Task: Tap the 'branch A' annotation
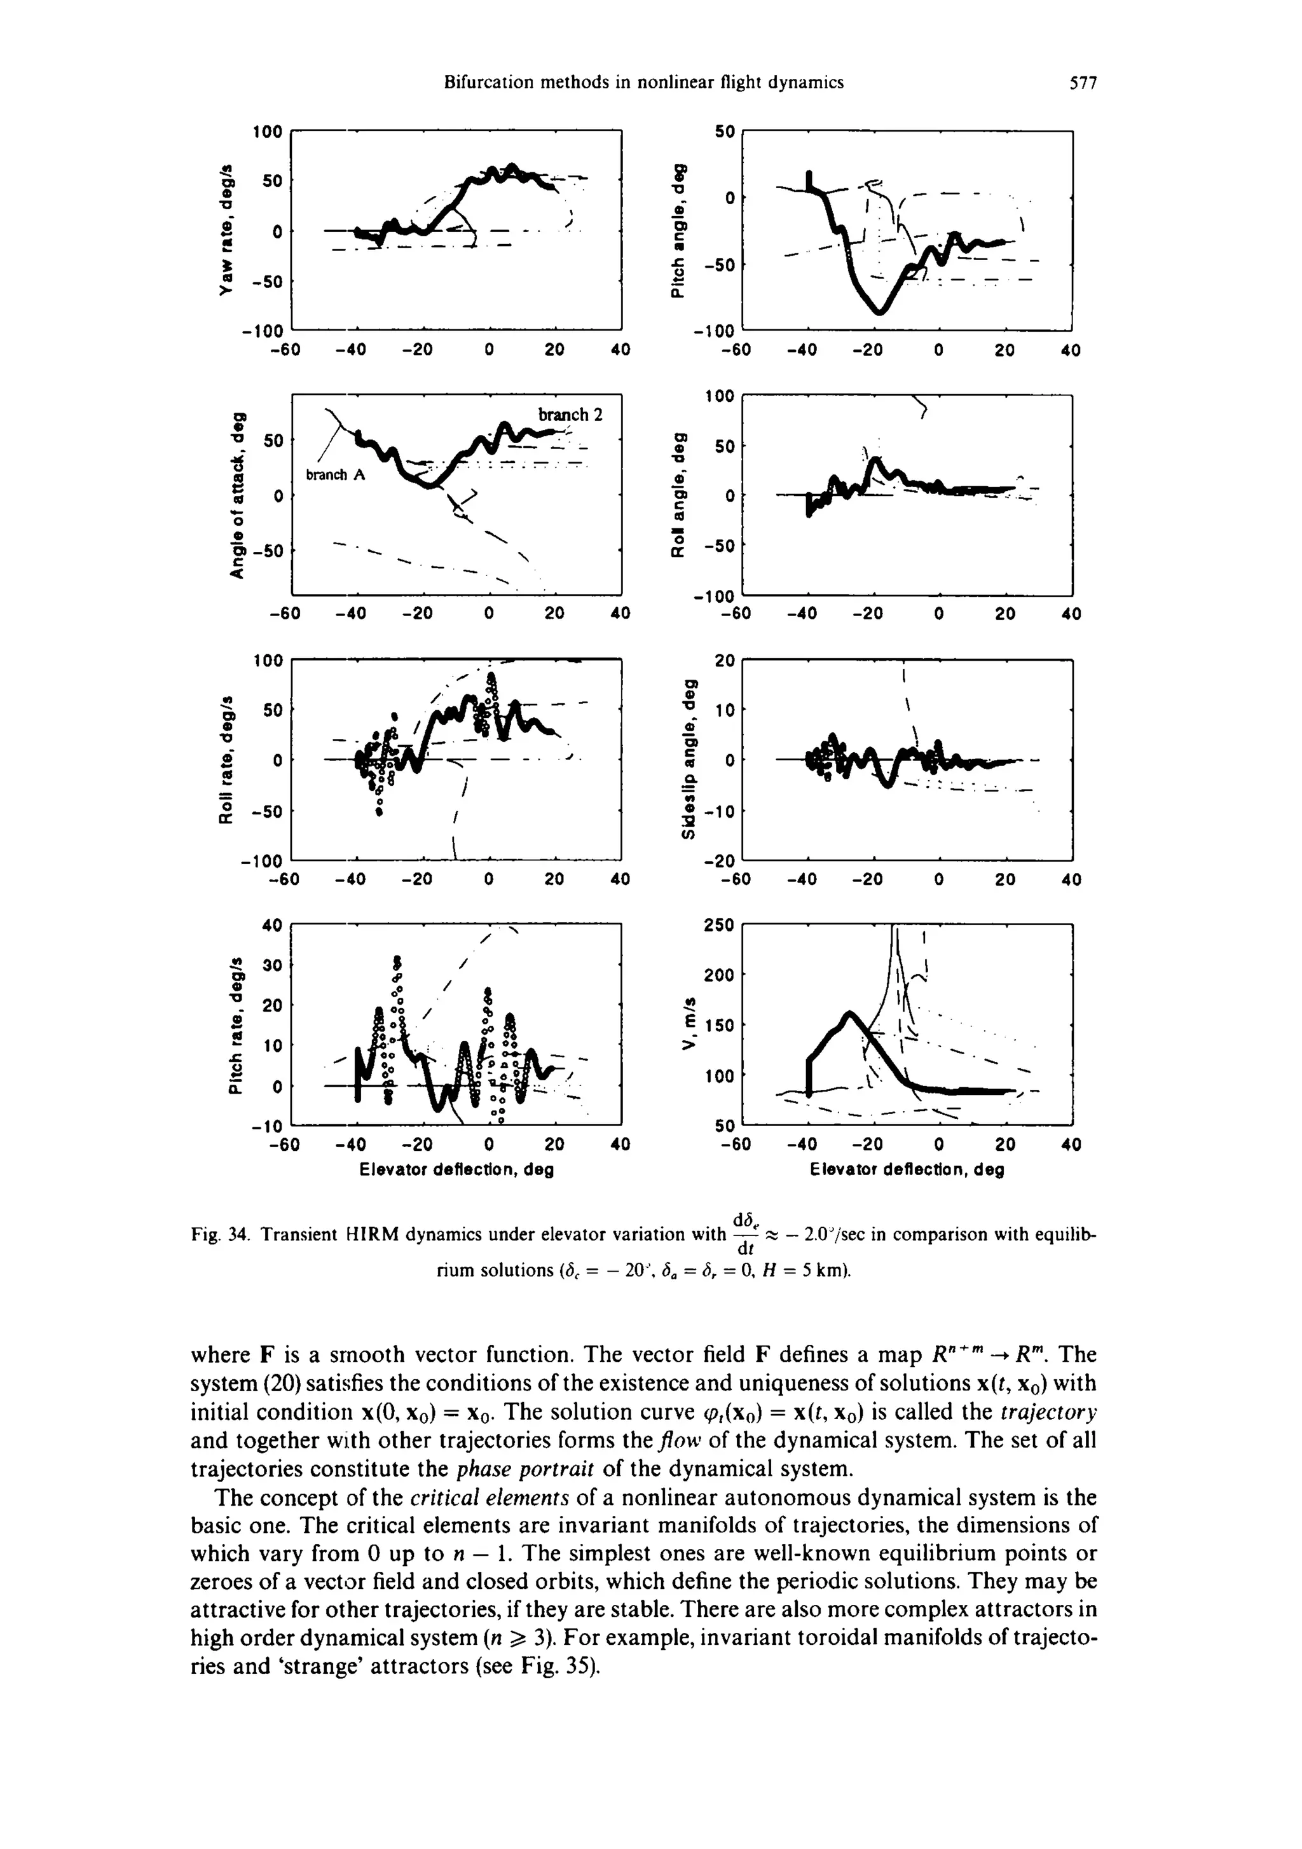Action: click(336, 475)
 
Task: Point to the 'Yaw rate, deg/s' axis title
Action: click(231, 230)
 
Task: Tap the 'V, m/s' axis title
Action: click(686, 1024)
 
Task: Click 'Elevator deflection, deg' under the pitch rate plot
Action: click(456, 1169)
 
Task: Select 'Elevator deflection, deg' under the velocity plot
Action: click(907, 1169)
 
